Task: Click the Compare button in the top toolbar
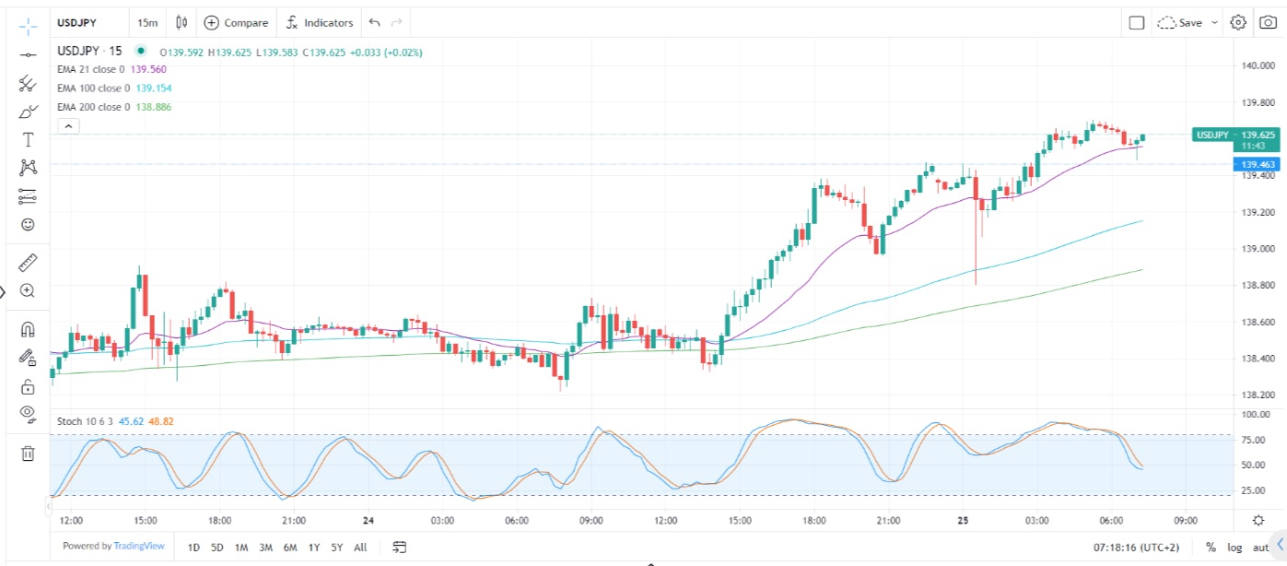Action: [237, 22]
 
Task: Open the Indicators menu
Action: [320, 22]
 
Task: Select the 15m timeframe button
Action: [146, 22]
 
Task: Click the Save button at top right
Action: [1188, 22]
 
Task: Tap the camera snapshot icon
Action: [1269, 22]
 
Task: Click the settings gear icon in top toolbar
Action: [1238, 22]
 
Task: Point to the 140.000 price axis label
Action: [1258, 65]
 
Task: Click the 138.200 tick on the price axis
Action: [1258, 395]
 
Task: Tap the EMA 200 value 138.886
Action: [153, 107]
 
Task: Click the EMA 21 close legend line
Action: [90, 69]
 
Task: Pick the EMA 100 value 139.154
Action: [153, 88]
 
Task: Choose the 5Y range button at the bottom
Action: [337, 548]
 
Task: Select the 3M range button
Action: [265, 548]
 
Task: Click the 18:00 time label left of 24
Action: [219, 521]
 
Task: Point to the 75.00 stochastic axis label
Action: [1253, 441]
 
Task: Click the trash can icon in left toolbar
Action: [28, 453]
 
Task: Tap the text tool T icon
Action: [28, 139]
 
